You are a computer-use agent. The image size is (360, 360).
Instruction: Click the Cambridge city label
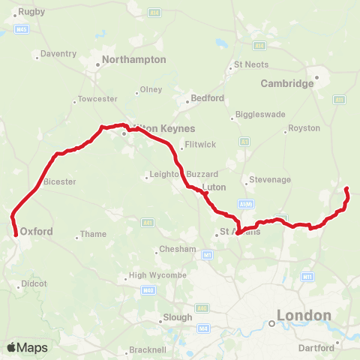pos(287,83)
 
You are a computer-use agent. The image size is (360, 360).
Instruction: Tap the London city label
pos(304,316)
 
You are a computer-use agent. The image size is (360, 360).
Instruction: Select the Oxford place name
pos(37,232)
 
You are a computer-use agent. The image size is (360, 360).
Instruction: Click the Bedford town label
pos(208,98)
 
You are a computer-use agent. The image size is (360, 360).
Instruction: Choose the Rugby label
pos(32,11)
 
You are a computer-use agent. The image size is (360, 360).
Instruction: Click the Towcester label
pos(97,99)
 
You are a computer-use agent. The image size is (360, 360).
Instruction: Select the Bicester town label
pos(59,181)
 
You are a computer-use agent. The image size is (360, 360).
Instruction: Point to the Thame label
pos(93,234)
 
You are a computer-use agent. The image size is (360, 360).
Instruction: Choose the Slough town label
pos(178,317)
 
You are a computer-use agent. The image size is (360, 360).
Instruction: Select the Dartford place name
pos(315,349)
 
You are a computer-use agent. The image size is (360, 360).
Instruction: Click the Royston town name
pos(304,129)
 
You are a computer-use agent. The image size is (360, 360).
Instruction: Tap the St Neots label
pos(251,64)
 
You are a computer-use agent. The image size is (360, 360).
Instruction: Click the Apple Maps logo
pos(27,348)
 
